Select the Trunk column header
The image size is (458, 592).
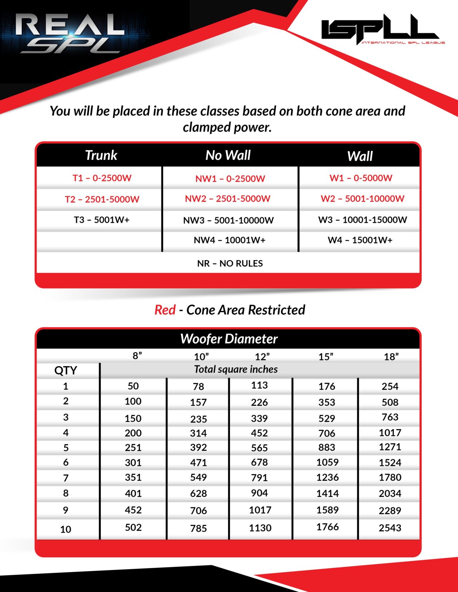pyautogui.click(x=101, y=155)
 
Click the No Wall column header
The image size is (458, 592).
pyautogui.click(x=228, y=155)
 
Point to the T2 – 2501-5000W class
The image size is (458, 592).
pyautogui.click(x=102, y=199)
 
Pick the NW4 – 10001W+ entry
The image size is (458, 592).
pyautogui.click(x=229, y=240)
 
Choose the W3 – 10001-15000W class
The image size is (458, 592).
pyautogui.click(x=362, y=220)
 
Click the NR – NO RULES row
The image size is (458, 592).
pyautogui.click(x=230, y=263)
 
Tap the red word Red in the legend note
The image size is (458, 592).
pyautogui.click(x=165, y=310)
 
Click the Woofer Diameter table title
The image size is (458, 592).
pyautogui.click(x=229, y=339)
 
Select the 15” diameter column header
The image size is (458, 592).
pyautogui.click(x=326, y=357)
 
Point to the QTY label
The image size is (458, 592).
pyautogui.click(x=65, y=370)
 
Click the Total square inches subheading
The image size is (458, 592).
pyautogui.click(x=236, y=369)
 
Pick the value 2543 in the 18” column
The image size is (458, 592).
pyautogui.click(x=390, y=528)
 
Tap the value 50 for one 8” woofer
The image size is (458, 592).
pyautogui.click(x=133, y=386)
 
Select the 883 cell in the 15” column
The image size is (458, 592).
pyautogui.click(x=327, y=447)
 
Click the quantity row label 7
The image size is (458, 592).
pyautogui.click(x=65, y=478)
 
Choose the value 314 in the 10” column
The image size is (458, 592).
pyautogui.click(x=198, y=433)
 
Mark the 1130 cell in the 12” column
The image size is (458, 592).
pyautogui.click(x=260, y=528)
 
